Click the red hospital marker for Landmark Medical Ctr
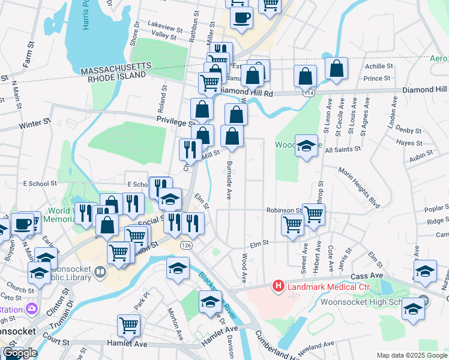click(279, 287)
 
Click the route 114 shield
click(309, 94)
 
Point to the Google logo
click(20, 353)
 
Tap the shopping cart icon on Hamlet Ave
click(129, 326)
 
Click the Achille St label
click(379, 66)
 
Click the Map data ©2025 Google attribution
click(411, 355)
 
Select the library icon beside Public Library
click(100, 273)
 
